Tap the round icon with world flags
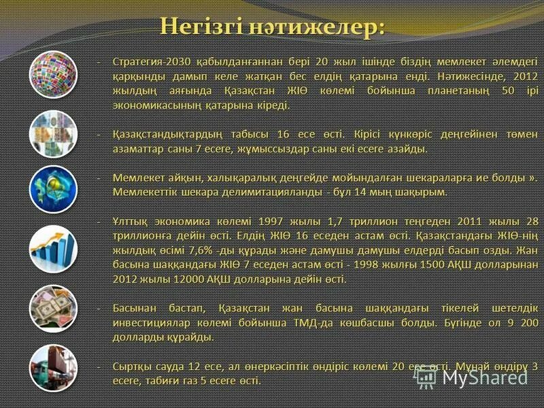[52, 74]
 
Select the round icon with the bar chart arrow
[52, 249]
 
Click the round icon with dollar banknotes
[52, 308]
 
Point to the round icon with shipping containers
[52, 367]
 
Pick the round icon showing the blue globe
[52, 190]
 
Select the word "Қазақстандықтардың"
[171, 134]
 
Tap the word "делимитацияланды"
[275, 192]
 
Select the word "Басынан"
[134, 308]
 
